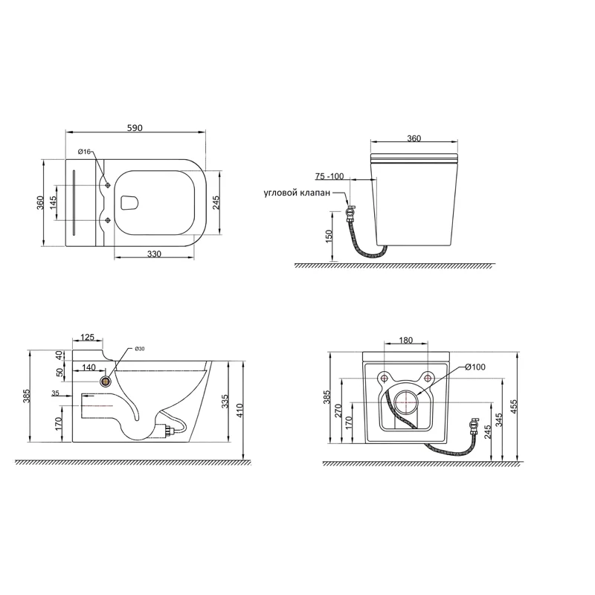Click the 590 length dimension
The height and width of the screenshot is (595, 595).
click(x=135, y=128)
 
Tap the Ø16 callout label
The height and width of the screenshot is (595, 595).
click(x=84, y=152)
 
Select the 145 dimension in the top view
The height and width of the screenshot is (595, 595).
click(x=53, y=202)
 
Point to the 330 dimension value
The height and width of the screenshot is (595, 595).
click(x=154, y=254)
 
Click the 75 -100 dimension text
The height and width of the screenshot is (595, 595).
click(x=329, y=176)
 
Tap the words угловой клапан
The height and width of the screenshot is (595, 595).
click(x=297, y=193)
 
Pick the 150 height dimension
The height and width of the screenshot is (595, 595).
click(x=329, y=236)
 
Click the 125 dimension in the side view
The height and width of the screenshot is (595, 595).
click(x=87, y=337)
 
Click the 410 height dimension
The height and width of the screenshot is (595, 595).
click(x=239, y=411)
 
